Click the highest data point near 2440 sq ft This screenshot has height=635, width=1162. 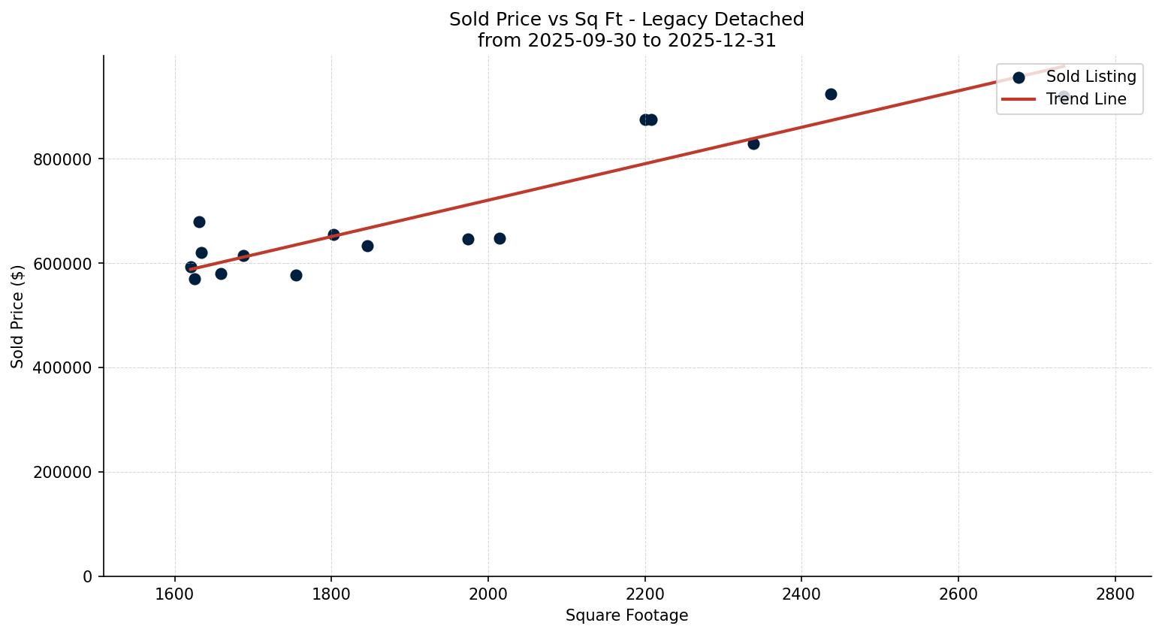coord(831,94)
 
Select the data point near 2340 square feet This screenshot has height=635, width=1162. coord(753,144)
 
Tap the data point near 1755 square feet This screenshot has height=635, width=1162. coord(296,275)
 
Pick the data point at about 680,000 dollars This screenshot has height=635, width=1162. coord(199,222)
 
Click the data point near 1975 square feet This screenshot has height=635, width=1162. coord(468,239)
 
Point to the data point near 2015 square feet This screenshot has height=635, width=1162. coord(500,238)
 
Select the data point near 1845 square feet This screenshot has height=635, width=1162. coord(367,246)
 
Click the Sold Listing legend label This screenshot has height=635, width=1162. coord(1091,77)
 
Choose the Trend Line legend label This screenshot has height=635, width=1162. coord(1086,99)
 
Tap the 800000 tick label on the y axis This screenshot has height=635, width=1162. coord(63,159)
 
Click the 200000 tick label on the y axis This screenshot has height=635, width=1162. coord(63,473)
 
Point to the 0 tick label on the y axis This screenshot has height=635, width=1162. coord(89,577)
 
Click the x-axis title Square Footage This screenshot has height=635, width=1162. coord(626,615)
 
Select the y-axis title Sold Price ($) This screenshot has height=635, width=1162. coord(18,316)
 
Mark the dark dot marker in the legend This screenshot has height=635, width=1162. coord(1019,77)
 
